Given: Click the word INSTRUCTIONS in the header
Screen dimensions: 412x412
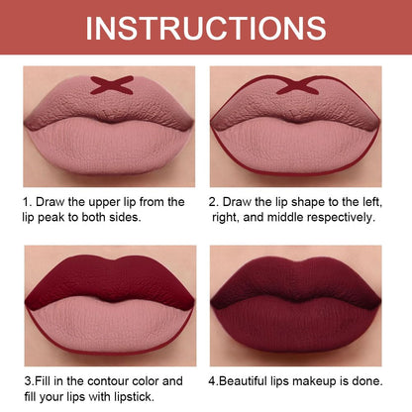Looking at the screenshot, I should pos(205,27).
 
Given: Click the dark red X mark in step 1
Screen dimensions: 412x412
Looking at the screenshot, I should pos(112,84).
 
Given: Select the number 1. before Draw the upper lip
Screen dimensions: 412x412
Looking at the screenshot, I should pos(28,202).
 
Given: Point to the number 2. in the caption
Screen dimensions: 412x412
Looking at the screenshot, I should pos(213,202).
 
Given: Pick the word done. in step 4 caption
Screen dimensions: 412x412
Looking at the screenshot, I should pos(373,380).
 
